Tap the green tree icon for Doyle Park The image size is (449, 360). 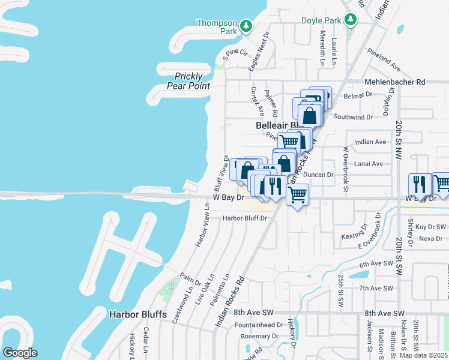351,20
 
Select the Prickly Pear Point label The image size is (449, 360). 192,81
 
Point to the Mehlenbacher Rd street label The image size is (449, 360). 394,82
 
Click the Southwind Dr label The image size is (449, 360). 354,116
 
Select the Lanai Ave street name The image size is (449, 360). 369,163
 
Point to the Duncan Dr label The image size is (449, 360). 318,175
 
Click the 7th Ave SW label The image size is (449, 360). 376,288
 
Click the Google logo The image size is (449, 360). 20,353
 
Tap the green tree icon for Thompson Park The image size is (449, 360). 246,26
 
